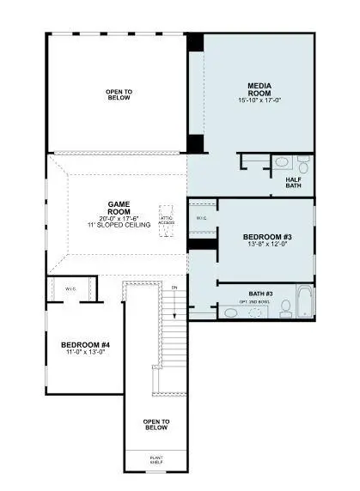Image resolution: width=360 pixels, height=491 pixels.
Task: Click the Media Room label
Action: click(x=260, y=89)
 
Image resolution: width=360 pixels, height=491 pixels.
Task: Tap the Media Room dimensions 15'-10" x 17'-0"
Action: click(x=260, y=101)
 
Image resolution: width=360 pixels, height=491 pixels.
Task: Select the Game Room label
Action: click(x=119, y=209)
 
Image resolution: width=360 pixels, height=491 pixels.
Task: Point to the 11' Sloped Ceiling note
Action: click(x=119, y=224)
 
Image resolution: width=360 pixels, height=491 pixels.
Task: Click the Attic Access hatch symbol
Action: click(x=167, y=220)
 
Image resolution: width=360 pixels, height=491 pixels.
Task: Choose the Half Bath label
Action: click(x=296, y=183)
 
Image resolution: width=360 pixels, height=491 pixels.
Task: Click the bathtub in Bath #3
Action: click(x=304, y=304)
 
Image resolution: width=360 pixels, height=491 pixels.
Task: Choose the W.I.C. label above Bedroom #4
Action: click(x=71, y=289)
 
